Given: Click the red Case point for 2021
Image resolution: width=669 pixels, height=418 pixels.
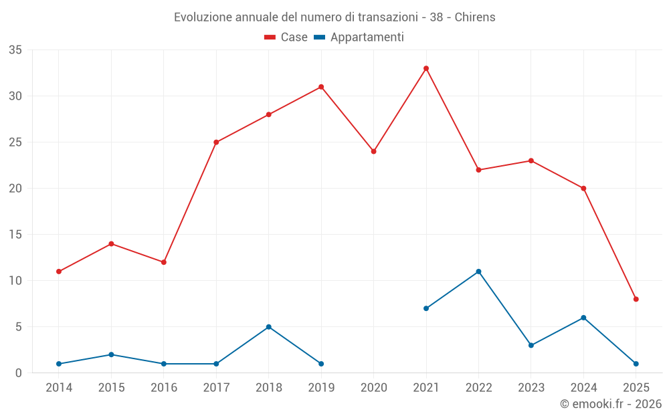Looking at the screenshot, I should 426,68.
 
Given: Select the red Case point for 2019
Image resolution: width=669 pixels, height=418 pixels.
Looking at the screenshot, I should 321,87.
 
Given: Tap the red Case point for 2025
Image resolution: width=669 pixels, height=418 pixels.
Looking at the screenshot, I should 636,299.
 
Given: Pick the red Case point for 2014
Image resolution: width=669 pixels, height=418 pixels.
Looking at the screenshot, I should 59,272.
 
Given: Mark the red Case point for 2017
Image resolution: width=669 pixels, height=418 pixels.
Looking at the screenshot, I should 216,142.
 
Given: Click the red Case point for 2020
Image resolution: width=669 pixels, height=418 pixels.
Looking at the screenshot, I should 373,151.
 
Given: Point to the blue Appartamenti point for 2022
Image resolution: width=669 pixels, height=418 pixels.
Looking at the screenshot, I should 478,272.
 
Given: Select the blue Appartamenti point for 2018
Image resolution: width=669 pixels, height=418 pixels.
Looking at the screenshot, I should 268,327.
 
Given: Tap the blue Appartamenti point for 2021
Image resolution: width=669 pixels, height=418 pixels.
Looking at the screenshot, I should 426,308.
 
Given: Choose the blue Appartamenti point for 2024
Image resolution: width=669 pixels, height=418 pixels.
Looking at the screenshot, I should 583,318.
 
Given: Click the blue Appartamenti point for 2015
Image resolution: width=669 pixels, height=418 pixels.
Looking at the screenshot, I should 111,354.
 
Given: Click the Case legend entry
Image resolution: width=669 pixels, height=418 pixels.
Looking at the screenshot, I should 286,37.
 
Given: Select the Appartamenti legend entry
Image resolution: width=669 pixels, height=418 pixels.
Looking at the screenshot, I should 359,37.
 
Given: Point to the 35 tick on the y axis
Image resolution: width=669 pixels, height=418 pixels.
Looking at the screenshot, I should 15,50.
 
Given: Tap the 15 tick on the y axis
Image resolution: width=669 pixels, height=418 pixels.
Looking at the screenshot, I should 15,235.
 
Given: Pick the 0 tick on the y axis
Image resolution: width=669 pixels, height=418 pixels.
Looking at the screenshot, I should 19,373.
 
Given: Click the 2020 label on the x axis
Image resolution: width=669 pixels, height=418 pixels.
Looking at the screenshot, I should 373,388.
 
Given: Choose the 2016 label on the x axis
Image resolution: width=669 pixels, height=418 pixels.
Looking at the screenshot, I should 164,388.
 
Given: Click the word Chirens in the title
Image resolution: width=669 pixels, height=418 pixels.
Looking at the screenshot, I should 475,17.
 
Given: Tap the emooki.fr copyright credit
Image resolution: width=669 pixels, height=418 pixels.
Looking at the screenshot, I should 610,404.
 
